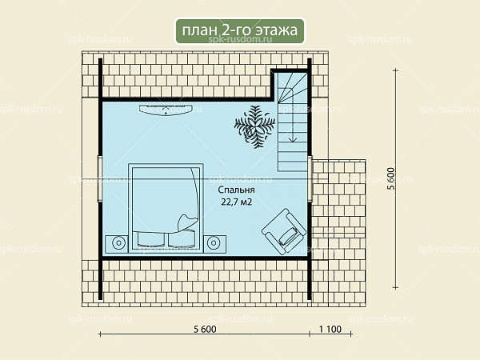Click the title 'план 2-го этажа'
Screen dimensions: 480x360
[x=240, y=30]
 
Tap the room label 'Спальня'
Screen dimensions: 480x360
[x=236, y=190]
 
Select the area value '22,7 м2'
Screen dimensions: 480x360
[x=236, y=202]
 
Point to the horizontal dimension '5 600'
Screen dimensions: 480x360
[x=205, y=329]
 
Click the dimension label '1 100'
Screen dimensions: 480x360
[x=330, y=329]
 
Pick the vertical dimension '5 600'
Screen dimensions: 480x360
[x=391, y=178]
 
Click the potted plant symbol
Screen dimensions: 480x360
[x=254, y=126]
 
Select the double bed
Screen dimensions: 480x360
[x=166, y=208]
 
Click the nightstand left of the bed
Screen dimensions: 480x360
[x=117, y=244]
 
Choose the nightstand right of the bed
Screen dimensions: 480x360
[x=215, y=244]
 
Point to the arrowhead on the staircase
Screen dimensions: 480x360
[x=293, y=138]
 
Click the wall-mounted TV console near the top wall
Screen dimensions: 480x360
[x=166, y=110]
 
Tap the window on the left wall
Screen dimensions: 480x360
[x=99, y=178]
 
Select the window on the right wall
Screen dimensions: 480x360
[x=310, y=178]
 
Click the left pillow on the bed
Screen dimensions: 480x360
[x=150, y=239]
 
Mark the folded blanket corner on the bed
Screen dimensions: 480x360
[x=187, y=221]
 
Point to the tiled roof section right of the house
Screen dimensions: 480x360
[x=339, y=233]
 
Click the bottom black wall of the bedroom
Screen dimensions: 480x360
[x=205, y=258]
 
